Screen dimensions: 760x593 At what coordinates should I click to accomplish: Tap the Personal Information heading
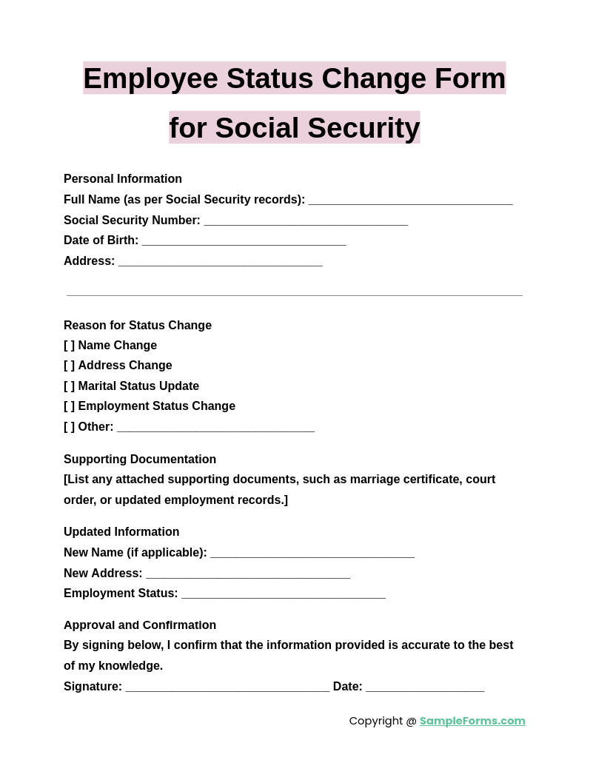click(123, 179)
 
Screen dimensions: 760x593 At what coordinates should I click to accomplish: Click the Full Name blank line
click(410, 200)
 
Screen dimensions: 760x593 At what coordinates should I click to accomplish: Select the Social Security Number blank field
click(306, 221)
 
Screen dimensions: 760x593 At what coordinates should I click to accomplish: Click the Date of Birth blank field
click(244, 241)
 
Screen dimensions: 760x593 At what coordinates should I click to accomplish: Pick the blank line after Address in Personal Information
click(220, 261)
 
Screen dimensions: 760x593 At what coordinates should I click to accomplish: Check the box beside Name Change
click(69, 346)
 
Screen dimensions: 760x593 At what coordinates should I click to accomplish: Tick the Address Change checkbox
click(69, 366)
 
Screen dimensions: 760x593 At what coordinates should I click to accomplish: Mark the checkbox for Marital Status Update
click(69, 386)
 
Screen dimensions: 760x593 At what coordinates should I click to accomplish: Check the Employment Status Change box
click(69, 406)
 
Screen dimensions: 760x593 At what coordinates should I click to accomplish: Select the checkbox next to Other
click(69, 427)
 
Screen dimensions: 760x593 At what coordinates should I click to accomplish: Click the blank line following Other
click(215, 427)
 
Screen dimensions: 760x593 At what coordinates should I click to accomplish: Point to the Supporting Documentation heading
click(140, 460)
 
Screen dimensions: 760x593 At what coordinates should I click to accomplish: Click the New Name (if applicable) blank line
click(312, 553)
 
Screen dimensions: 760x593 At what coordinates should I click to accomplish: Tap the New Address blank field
click(248, 574)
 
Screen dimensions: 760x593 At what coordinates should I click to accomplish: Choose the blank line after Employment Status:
click(284, 593)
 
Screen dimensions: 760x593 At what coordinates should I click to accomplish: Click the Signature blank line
click(227, 687)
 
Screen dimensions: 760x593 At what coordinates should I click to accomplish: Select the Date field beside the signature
click(425, 687)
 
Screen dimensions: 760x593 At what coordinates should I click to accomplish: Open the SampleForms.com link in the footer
click(472, 721)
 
